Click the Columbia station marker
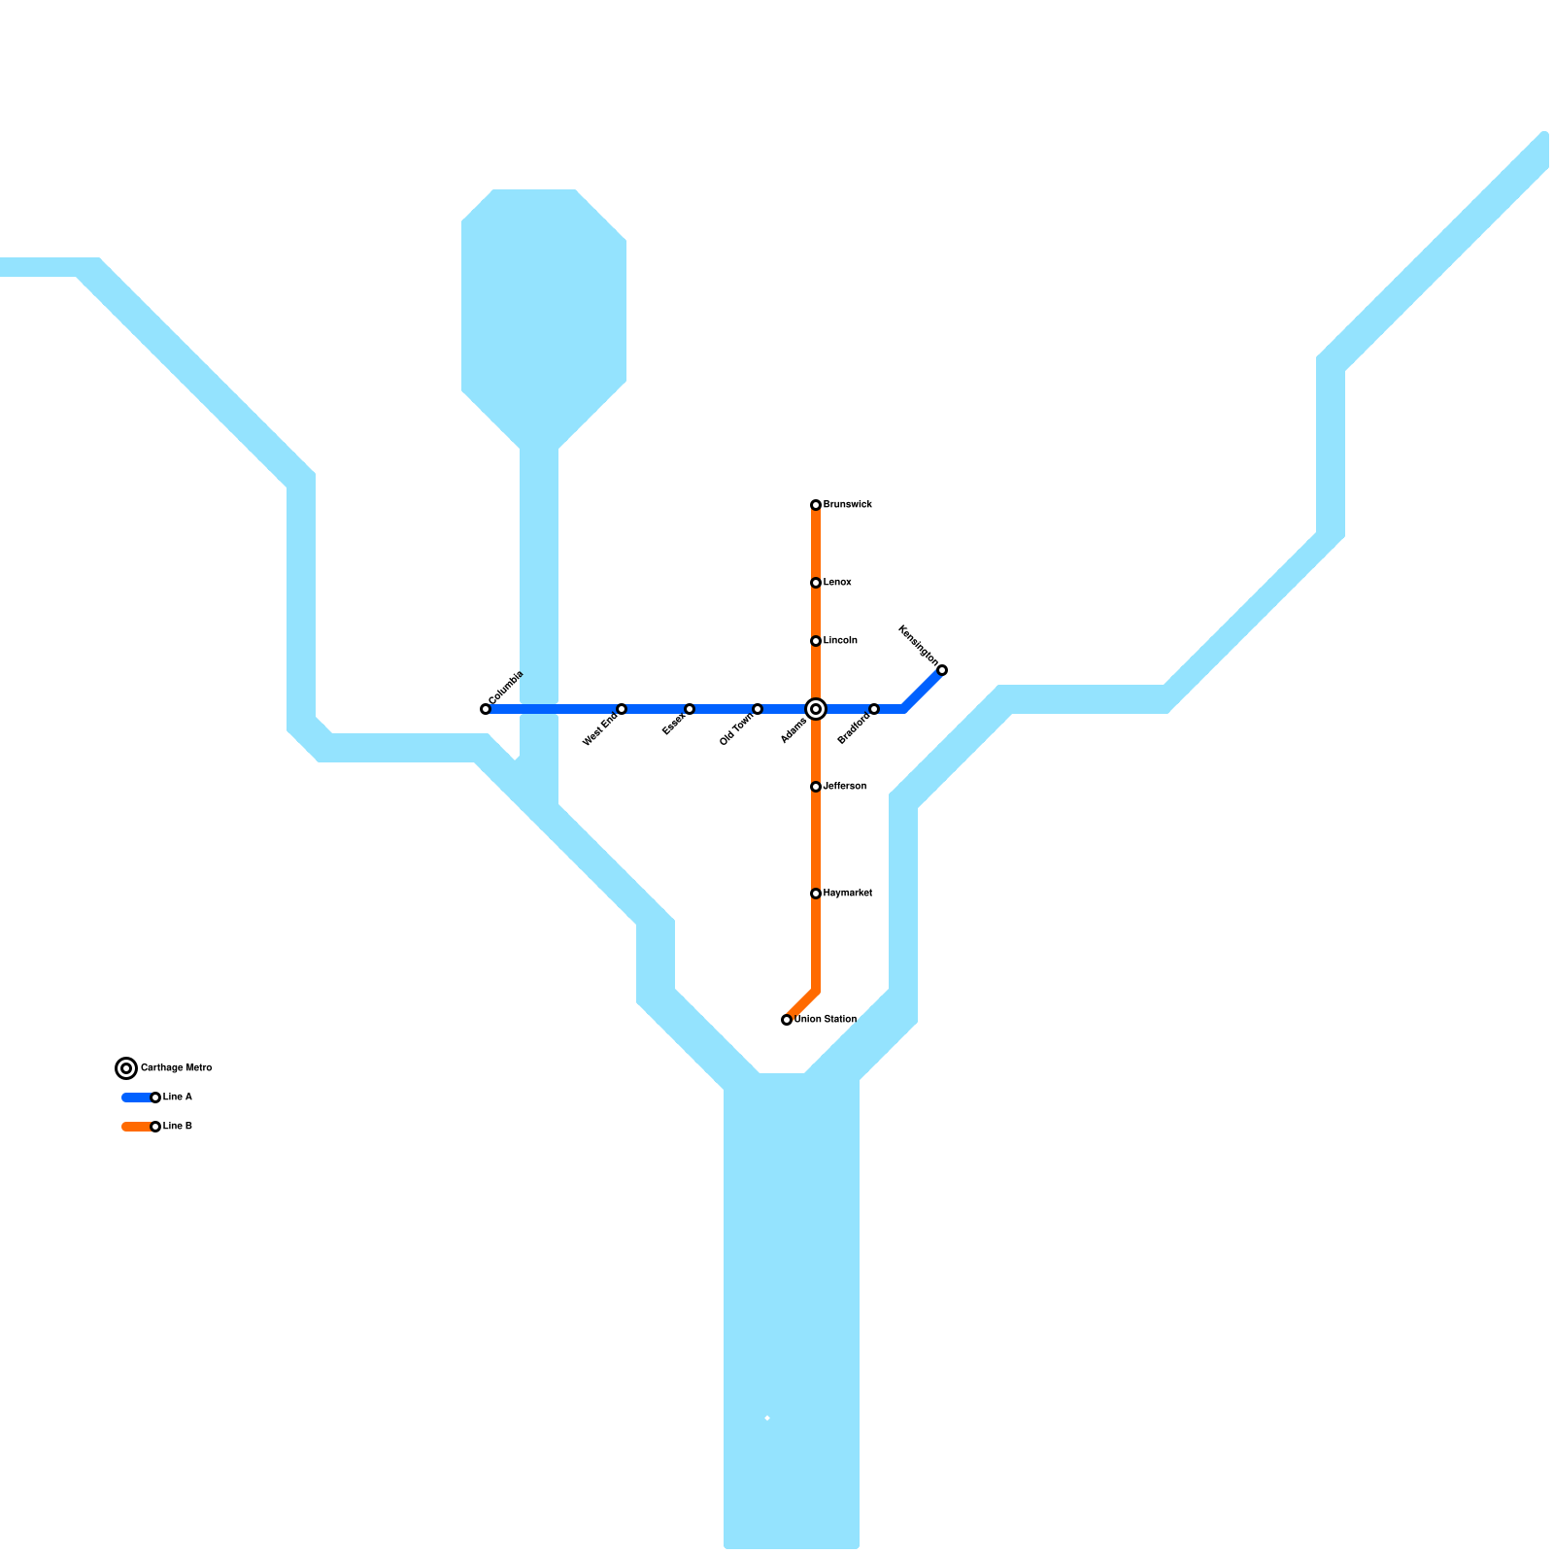[486, 709]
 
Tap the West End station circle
[622, 709]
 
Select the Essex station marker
[690, 709]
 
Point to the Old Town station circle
[758, 709]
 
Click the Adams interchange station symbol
[816, 709]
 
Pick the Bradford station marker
[874, 709]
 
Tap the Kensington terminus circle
[942, 670]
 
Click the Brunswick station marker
[816, 505]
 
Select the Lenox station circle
[816, 583]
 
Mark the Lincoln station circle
[816, 641]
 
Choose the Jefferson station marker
[816, 787]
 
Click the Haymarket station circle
[816, 894]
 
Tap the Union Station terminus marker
[787, 1020]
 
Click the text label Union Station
[826, 1020]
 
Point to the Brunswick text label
[848, 505]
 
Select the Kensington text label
[919, 645]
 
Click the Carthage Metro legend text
[176, 1068]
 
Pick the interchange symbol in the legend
[126, 1068]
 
